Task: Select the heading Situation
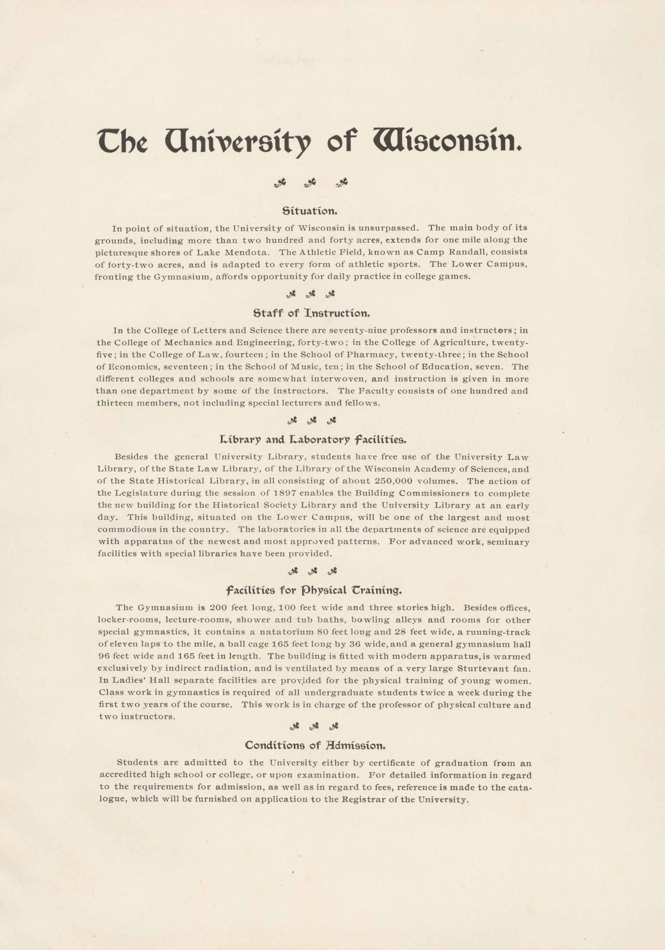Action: (x=310, y=211)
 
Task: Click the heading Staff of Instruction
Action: (x=311, y=313)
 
